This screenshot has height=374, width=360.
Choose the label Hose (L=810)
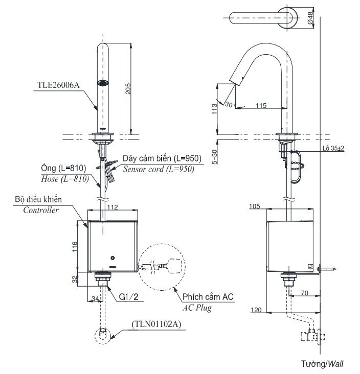coord(63,178)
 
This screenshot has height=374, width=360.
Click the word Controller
coord(40,210)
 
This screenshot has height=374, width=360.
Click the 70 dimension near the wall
coord(303,294)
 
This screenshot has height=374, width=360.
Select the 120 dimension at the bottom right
coord(257,310)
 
